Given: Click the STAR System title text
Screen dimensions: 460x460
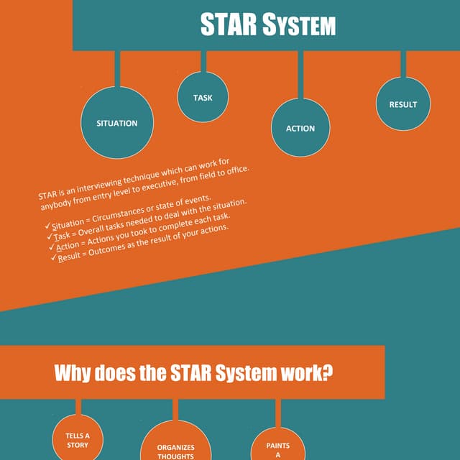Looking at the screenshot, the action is point(268,24).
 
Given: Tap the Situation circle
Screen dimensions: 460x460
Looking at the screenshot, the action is point(117,123).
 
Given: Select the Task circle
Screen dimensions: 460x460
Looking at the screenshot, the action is point(203,97).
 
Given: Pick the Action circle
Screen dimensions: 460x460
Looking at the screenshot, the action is point(300,128).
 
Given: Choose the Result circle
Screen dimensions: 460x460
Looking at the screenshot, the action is point(403,103).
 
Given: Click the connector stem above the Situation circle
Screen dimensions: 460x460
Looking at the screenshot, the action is point(117,69).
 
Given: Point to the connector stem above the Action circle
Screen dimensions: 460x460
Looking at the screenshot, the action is point(300,75).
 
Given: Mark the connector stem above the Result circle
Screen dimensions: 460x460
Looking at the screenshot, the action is point(403,64).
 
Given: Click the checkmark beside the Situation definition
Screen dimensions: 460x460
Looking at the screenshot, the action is point(47,226).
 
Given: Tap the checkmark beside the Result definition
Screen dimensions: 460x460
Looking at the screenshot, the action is point(54,257).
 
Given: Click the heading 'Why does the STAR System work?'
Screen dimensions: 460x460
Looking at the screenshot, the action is point(193,373).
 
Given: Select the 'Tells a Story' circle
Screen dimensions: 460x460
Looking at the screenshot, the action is point(78,438).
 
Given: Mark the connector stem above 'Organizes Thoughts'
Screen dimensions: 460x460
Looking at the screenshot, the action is point(175,410).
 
